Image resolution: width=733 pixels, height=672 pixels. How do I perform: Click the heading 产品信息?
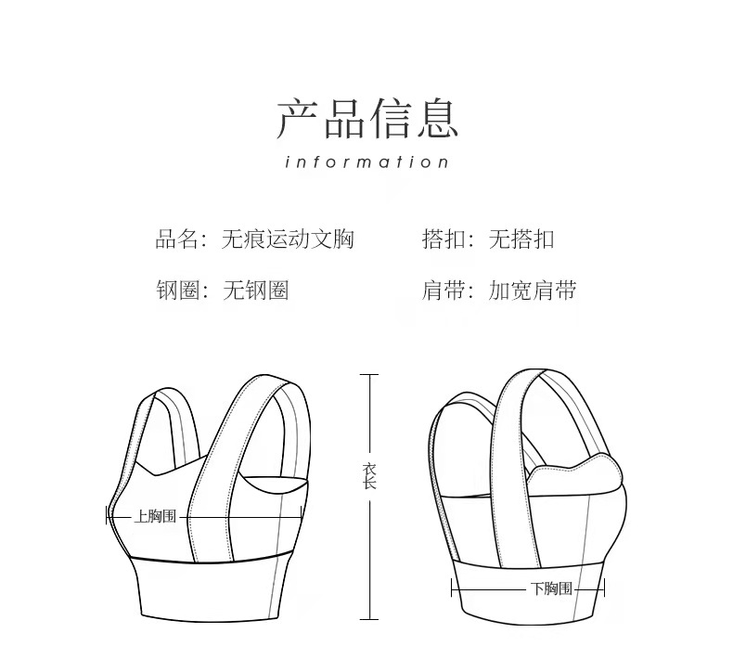coord(367,118)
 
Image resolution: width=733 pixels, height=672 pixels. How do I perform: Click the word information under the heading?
coord(367,162)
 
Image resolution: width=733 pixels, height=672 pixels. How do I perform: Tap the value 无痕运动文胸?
coord(288,239)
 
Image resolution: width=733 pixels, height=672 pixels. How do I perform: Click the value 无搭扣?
coord(521,239)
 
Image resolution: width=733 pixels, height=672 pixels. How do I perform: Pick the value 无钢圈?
coord(255,291)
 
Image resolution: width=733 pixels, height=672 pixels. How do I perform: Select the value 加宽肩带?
coord(533,291)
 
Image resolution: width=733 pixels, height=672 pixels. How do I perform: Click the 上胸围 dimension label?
coord(155,516)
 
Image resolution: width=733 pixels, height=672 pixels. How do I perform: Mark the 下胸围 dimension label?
coord(552,588)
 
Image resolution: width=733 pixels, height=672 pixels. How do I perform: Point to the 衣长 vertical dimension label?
coord(369,476)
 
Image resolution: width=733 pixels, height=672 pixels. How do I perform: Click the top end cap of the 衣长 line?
coord(369,375)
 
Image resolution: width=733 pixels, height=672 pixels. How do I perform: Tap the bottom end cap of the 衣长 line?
coord(369,618)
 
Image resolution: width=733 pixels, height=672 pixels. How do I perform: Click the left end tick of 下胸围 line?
coord(452,588)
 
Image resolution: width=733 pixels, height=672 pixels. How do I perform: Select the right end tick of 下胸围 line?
coord(605,588)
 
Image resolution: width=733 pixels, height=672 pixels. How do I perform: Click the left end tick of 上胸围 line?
coord(108,516)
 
